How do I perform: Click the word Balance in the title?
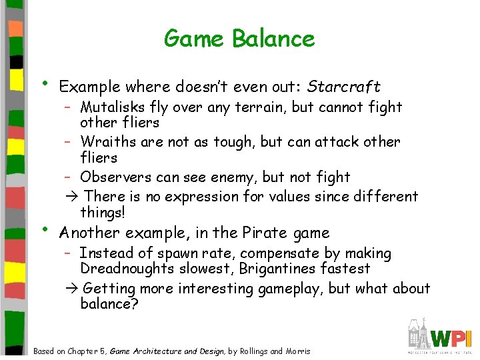(273, 38)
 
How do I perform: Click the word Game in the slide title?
(195, 38)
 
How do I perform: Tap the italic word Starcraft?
(345, 87)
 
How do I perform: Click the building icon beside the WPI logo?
(418, 333)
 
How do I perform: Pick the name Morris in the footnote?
(297, 351)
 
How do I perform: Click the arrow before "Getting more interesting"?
(72, 289)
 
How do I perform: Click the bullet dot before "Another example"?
(43, 231)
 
